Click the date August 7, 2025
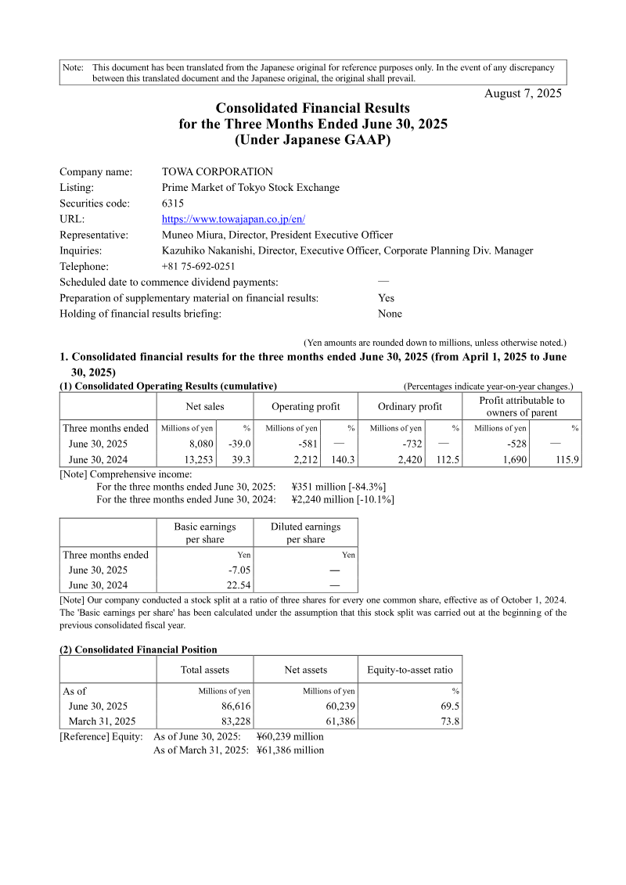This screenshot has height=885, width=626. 523,93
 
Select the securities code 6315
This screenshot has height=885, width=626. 173,203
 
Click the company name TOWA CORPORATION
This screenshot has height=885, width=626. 218,172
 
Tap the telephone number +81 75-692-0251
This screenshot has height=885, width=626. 199,266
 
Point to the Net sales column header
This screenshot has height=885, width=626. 205,406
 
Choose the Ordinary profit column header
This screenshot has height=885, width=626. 409,406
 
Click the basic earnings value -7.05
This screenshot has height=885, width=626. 239,570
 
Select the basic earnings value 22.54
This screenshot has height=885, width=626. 237,585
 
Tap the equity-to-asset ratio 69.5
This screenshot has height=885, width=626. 449,706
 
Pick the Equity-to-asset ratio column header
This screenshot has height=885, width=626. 410,670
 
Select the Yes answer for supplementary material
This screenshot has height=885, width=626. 386,298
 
